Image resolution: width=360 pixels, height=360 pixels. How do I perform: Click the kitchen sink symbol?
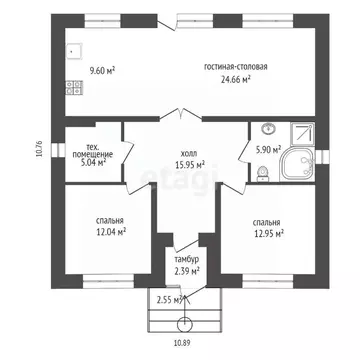[73, 51]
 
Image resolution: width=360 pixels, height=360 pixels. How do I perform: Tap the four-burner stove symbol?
[74, 87]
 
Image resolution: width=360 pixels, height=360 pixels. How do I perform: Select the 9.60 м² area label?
[102, 71]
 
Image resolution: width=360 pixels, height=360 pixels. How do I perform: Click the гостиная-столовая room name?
[236, 67]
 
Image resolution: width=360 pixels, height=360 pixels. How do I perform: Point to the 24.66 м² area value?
[236, 79]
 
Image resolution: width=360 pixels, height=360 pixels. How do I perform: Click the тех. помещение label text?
[93, 151]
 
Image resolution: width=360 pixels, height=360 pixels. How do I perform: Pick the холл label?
[189, 154]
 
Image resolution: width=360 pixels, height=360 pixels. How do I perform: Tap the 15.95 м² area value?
[190, 164]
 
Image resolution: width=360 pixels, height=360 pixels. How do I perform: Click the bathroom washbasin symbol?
[268, 129]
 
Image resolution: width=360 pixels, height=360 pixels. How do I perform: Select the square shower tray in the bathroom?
[302, 134]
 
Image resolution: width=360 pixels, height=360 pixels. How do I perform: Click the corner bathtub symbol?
[297, 165]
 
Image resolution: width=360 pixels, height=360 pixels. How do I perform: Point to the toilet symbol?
[262, 174]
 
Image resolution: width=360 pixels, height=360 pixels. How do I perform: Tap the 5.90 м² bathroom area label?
[268, 150]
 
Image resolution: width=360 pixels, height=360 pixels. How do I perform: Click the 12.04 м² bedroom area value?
[110, 232]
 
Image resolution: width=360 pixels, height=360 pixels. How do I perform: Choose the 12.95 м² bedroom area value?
[268, 234]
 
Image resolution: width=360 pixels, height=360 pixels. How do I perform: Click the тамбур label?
[187, 260]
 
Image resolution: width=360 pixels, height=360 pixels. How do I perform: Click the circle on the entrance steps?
[185, 324]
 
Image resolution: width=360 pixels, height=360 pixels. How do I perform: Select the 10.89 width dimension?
[182, 342]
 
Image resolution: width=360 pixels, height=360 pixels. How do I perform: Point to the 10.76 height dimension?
[41, 149]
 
